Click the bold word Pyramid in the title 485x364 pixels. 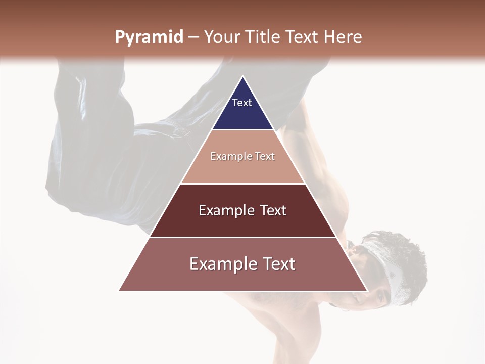click(149, 37)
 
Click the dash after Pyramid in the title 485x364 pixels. click(193, 38)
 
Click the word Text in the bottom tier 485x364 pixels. click(277, 264)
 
